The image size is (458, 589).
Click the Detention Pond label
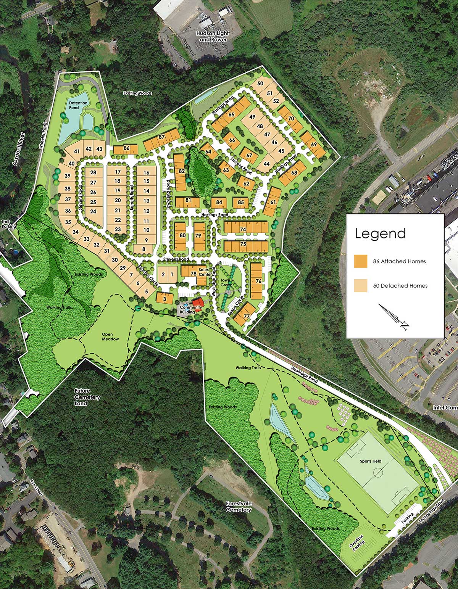[x=78, y=105]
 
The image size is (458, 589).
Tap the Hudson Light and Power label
[x=212, y=37]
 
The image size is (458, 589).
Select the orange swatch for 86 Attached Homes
[x=360, y=261]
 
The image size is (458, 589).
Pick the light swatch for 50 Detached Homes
[x=360, y=285]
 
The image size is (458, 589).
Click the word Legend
[x=380, y=233]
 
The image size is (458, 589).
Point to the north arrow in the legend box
[x=395, y=317]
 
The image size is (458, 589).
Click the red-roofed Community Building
[x=197, y=304]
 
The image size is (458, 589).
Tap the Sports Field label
[x=370, y=461]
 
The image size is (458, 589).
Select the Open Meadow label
[x=110, y=336]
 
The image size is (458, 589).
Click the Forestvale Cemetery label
[x=238, y=507]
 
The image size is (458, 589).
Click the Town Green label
[x=226, y=282]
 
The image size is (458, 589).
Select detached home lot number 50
[x=260, y=84]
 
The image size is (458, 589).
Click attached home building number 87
[x=161, y=137]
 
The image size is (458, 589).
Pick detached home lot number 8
[x=144, y=249]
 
